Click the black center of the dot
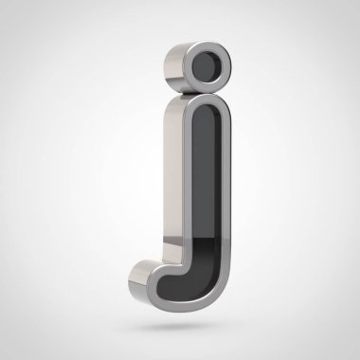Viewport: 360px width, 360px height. point(207,66)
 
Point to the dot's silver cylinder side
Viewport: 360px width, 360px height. point(174,68)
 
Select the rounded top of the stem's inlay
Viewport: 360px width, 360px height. point(207,110)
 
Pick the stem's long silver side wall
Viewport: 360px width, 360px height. point(173,177)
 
